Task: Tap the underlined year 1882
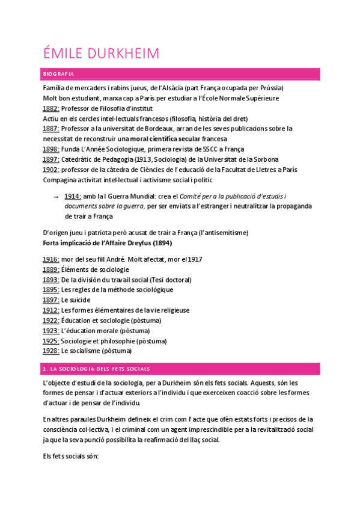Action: pyautogui.click(x=51, y=108)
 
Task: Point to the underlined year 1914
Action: pyautogui.click(x=73, y=197)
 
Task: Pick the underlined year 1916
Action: pyautogui.click(x=51, y=259)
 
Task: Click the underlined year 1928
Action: pyautogui.click(x=51, y=351)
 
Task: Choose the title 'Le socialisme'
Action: pyautogui.click(x=81, y=351)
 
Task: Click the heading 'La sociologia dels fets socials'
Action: pyautogui.click(x=97, y=369)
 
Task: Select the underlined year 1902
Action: pyautogui.click(x=51, y=169)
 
